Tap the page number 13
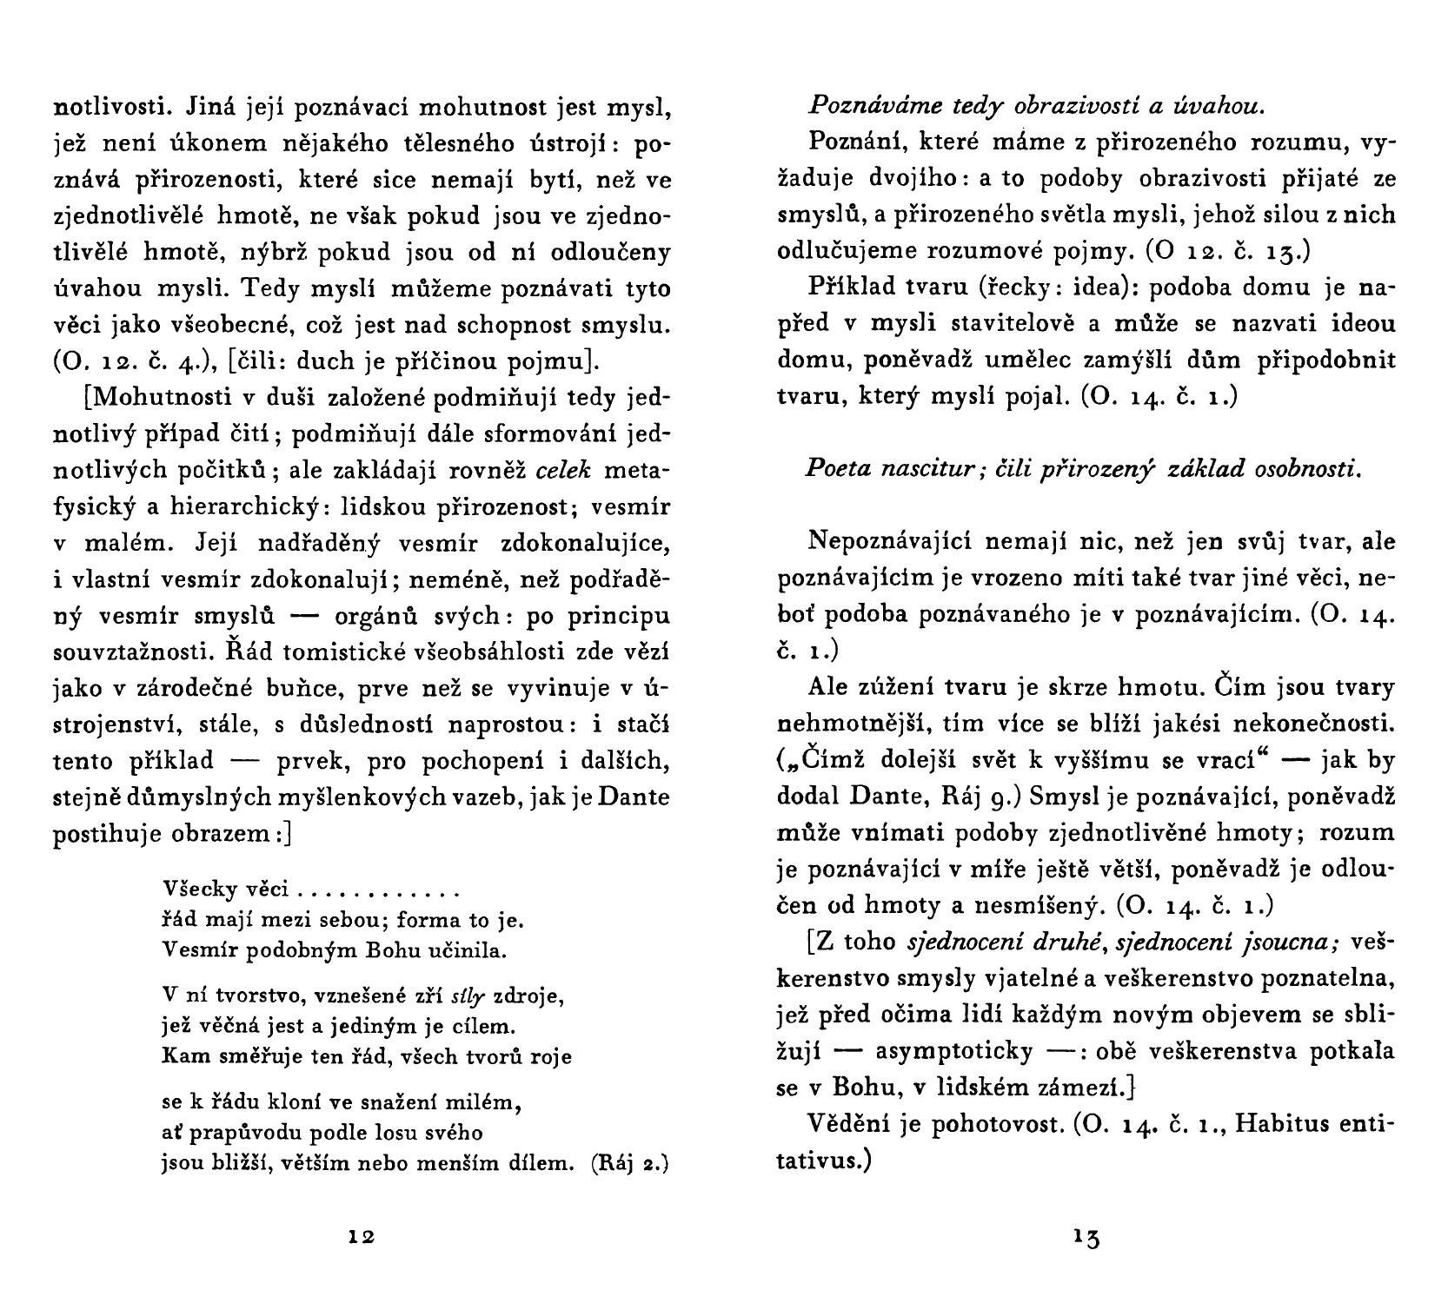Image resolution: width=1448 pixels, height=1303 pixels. click(x=1086, y=1239)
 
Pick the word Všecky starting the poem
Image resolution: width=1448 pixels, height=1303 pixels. click(x=193, y=891)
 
